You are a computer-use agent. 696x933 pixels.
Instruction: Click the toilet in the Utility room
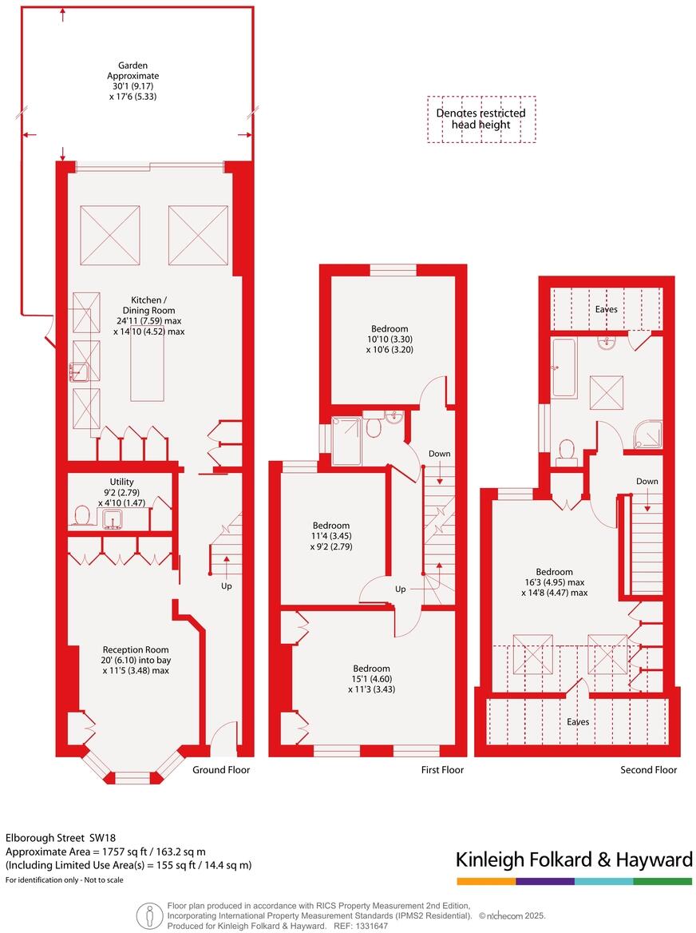[x=81, y=515]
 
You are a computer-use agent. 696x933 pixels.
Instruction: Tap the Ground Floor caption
[x=221, y=770]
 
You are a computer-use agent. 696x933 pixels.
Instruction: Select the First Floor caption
[x=441, y=770]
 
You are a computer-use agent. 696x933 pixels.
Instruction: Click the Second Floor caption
[x=648, y=770]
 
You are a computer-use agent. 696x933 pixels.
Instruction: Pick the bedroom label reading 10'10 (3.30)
[x=390, y=339]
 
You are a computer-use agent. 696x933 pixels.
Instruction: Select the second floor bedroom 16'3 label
[x=554, y=582]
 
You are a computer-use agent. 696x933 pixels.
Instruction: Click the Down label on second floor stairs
[x=647, y=482]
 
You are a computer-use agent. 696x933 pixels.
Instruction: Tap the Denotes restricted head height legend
[x=480, y=119]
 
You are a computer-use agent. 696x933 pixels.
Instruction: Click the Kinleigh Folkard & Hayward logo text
[x=574, y=860]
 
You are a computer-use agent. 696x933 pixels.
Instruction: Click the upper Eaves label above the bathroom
[x=606, y=308]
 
